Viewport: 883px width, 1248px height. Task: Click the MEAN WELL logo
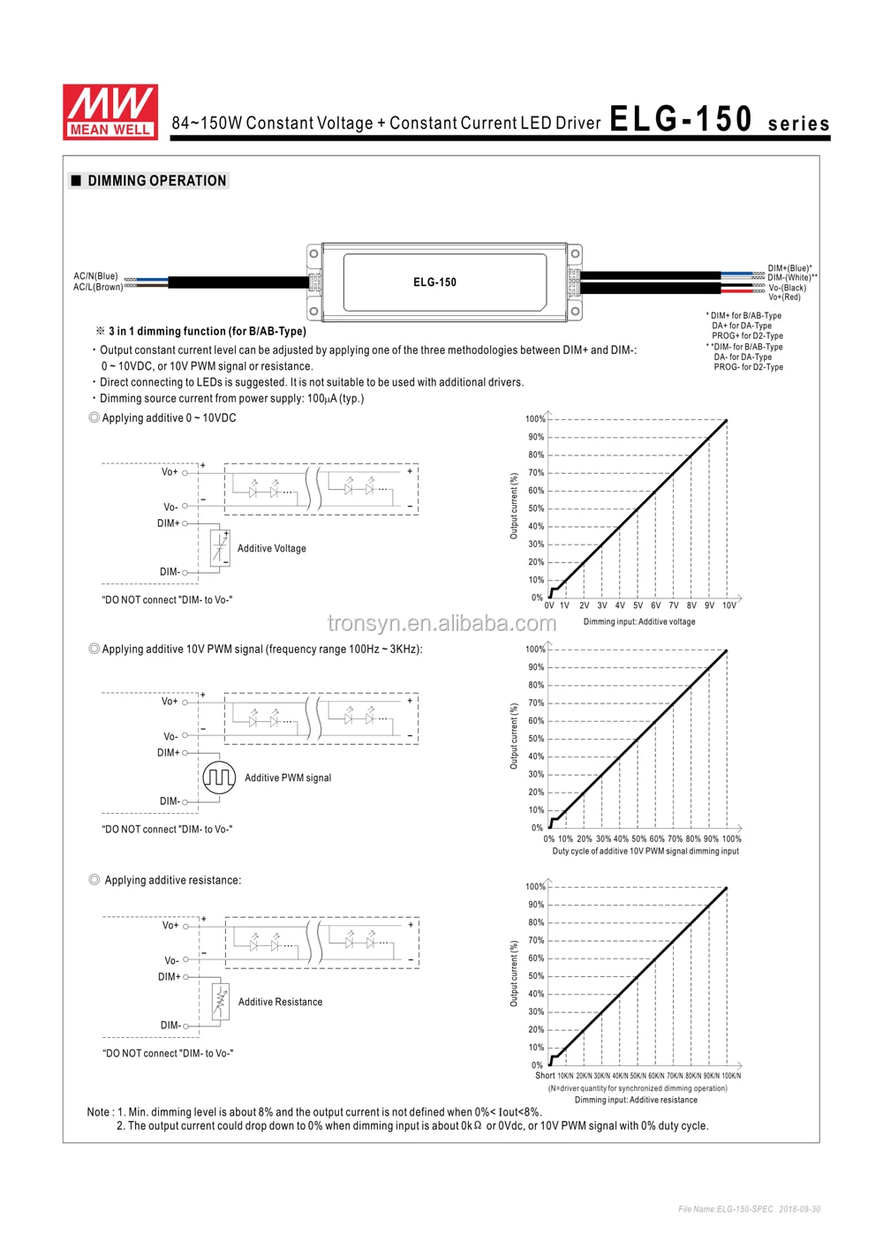click(x=110, y=112)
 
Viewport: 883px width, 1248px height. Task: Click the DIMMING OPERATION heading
click(x=156, y=181)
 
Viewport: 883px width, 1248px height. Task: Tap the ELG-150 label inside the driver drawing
click(x=434, y=282)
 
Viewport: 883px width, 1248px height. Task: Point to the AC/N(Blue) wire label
click(x=95, y=276)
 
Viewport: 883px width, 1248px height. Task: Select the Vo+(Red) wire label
click(x=784, y=297)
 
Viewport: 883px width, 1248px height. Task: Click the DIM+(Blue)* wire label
click(x=789, y=268)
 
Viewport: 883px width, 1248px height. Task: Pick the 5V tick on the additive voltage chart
click(x=638, y=605)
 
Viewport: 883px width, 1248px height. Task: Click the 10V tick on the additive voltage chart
click(x=728, y=605)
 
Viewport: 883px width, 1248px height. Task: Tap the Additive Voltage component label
click(x=271, y=549)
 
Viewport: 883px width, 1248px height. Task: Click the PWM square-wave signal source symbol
click(x=219, y=778)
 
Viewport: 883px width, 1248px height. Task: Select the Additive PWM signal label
click(x=288, y=778)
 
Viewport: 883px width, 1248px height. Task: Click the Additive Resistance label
click(x=280, y=1003)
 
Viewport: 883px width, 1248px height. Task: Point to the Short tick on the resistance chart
click(x=545, y=1075)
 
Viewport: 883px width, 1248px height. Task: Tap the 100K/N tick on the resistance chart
click(x=731, y=1076)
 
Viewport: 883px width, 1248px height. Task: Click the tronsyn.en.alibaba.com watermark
click(x=441, y=624)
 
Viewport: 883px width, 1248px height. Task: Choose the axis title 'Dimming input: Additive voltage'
click(x=639, y=622)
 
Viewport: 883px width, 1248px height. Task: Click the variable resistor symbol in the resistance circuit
click(x=221, y=1002)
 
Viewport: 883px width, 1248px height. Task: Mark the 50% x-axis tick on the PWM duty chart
click(x=638, y=839)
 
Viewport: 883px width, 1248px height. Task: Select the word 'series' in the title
click(x=798, y=124)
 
